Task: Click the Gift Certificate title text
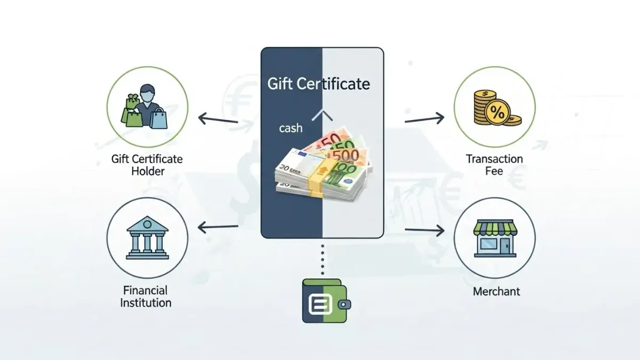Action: pos(319,84)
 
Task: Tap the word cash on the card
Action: pos(290,128)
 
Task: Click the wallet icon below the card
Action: pos(326,301)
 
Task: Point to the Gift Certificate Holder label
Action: pos(147,165)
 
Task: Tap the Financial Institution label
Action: pos(146,297)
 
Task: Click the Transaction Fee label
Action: pos(494,165)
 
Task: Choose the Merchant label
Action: pos(496,291)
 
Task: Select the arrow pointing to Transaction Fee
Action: pos(425,119)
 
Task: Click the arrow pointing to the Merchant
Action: pos(425,230)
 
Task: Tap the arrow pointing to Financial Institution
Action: pos(218,228)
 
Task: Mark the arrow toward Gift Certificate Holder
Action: pos(218,118)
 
